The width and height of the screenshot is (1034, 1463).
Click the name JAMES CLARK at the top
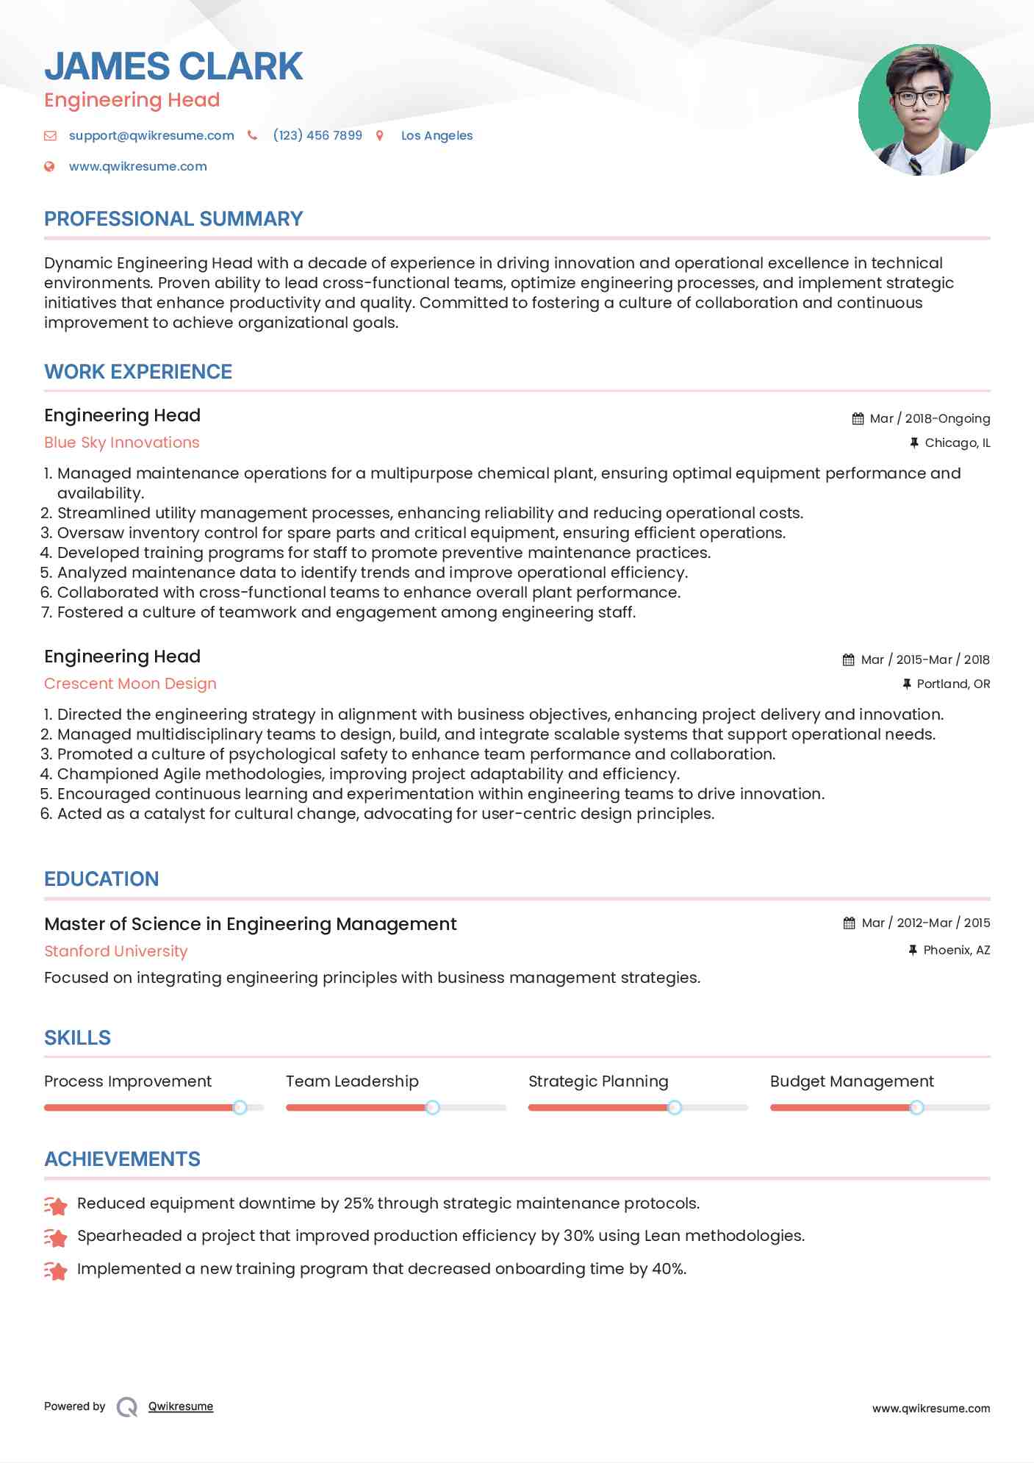click(x=173, y=66)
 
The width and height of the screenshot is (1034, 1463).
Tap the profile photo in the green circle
click(x=924, y=110)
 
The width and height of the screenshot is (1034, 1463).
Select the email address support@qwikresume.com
click(x=151, y=135)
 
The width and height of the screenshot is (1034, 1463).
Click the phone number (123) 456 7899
click(x=317, y=135)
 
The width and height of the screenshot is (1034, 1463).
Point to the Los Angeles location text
click(x=437, y=135)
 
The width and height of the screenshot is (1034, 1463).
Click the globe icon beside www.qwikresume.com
click(x=49, y=166)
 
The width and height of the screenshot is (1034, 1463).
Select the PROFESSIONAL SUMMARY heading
click(x=173, y=219)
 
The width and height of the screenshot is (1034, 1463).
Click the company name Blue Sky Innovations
click(x=122, y=443)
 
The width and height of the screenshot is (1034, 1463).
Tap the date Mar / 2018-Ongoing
click(x=930, y=418)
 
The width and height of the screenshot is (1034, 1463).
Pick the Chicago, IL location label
click(x=957, y=443)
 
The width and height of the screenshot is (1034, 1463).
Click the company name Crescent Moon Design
click(x=130, y=684)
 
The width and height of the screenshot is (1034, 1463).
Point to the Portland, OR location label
click(x=953, y=684)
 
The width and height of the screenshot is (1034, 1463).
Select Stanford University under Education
click(x=116, y=951)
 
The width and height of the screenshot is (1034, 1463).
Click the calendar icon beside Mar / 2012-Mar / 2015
click(x=849, y=923)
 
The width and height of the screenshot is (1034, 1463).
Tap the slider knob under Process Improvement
click(x=240, y=1107)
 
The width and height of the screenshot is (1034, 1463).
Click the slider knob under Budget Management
click(x=916, y=1107)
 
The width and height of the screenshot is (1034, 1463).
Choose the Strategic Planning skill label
click(x=598, y=1081)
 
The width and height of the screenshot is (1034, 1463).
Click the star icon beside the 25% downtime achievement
click(x=56, y=1205)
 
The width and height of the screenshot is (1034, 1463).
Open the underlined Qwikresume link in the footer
click(x=181, y=1406)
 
